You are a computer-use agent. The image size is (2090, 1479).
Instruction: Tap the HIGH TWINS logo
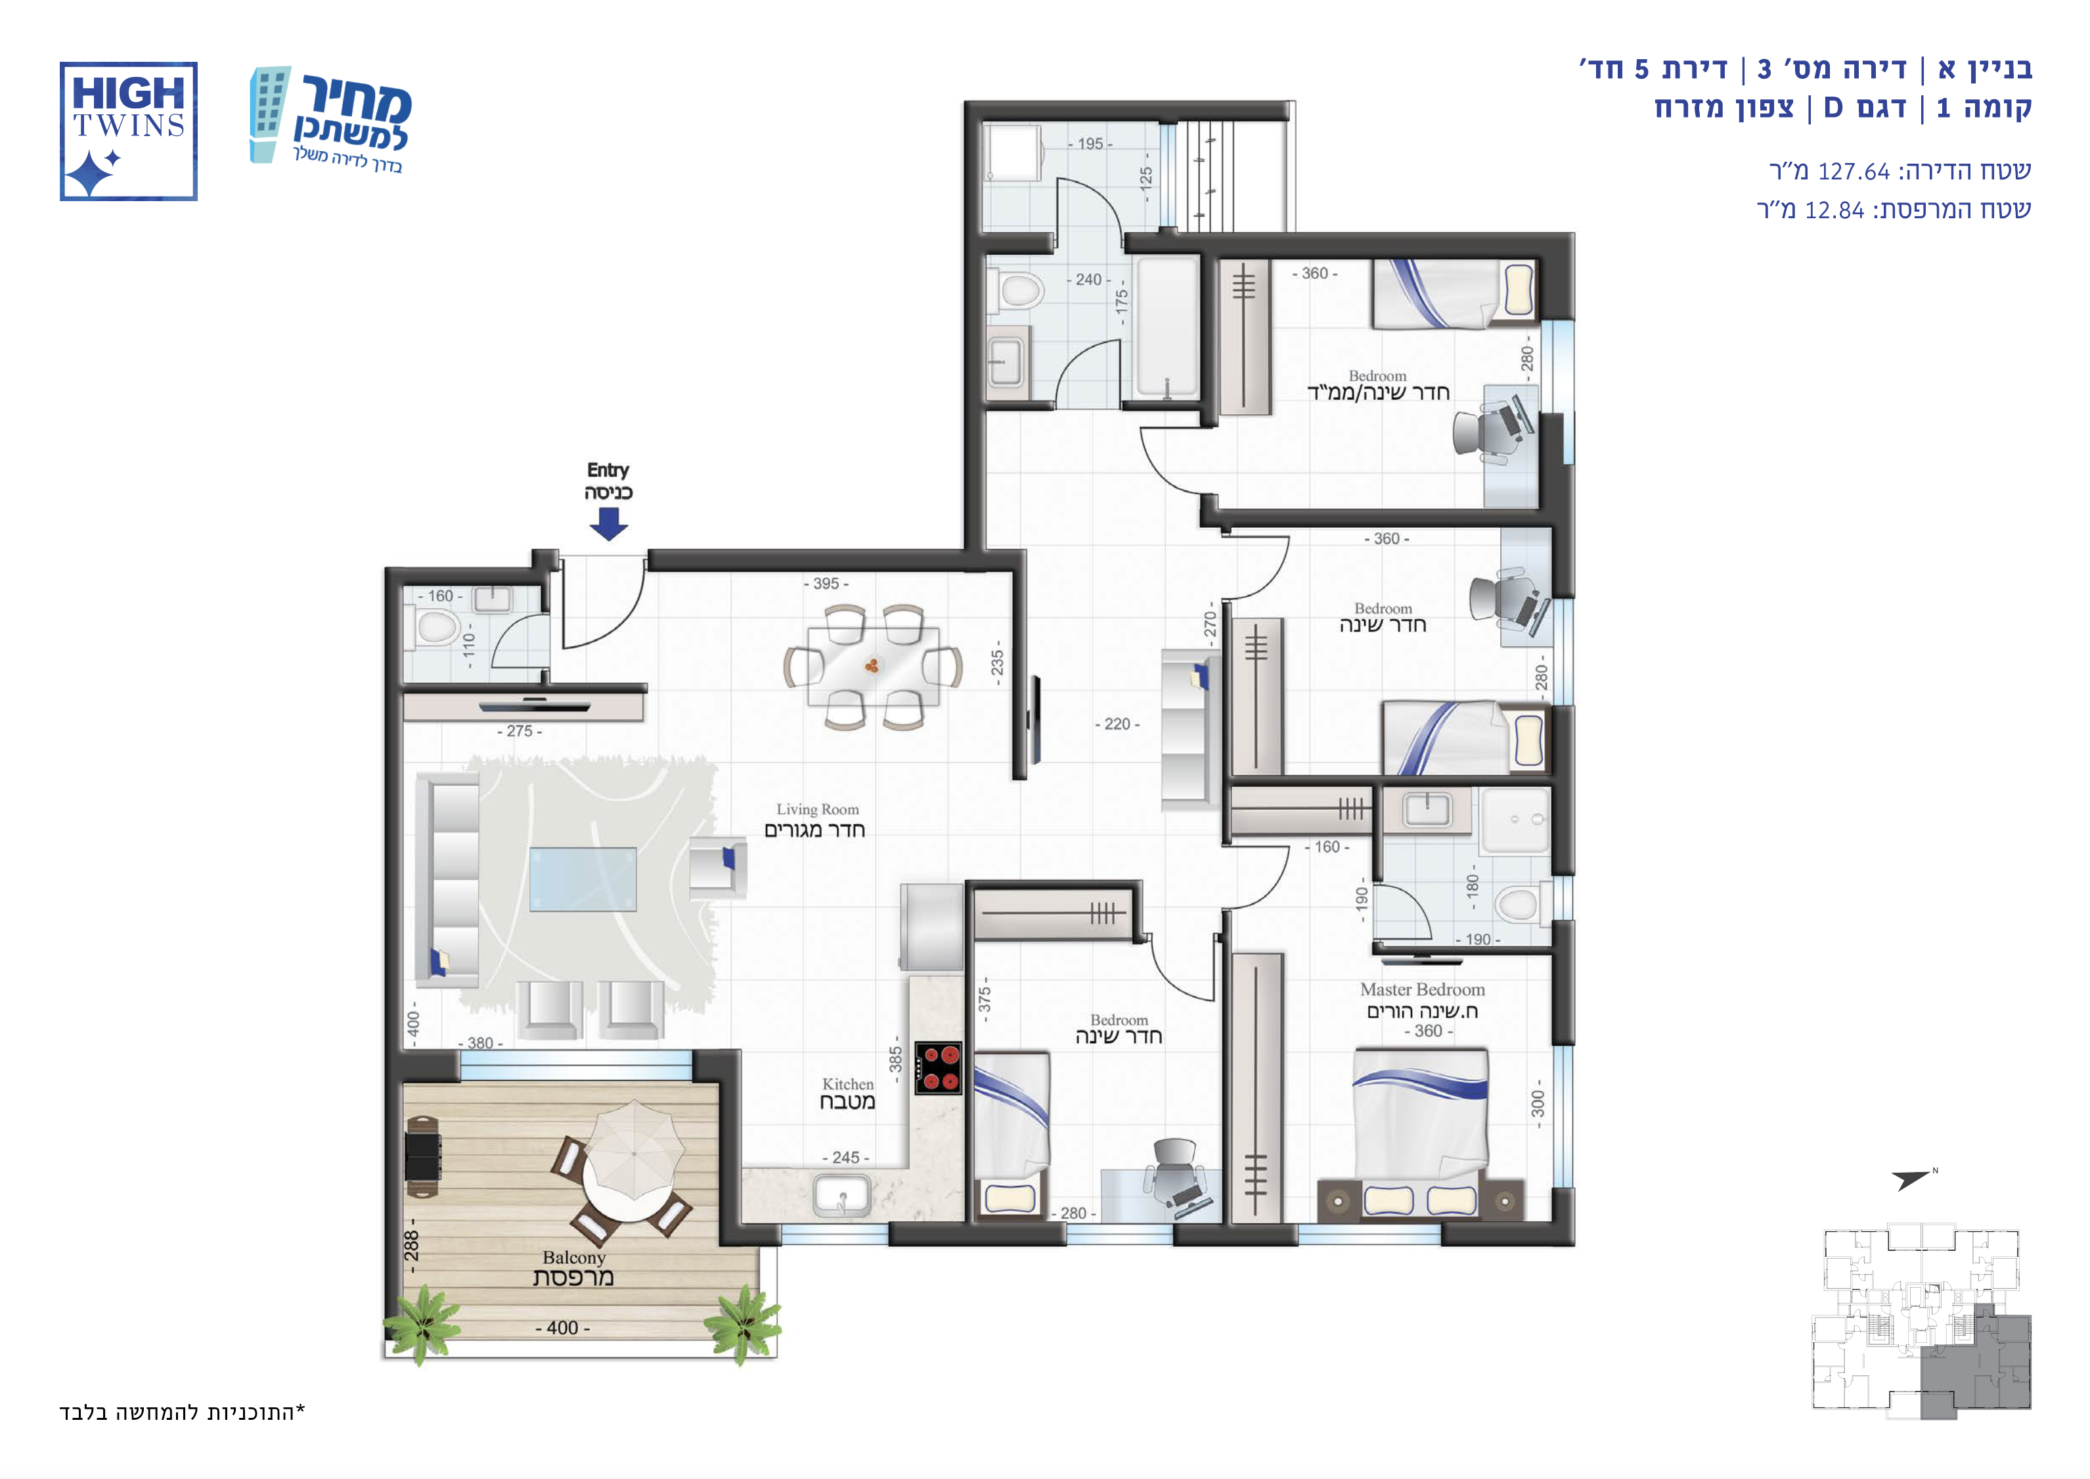pyautogui.click(x=128, y=131)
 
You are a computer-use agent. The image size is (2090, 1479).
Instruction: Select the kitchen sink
pyautogui.click(x=842, y=1195)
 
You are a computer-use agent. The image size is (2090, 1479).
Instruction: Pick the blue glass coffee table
pyautogui.click(x=583, y=879)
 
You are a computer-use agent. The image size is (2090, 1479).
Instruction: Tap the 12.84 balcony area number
pyautogui.click(x=1834, y=210)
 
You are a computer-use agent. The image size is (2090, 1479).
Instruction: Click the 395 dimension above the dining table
pyautogui.click(x=826, y=584)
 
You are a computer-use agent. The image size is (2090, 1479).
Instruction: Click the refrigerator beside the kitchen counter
pyautogui.click(x=931, y=927)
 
